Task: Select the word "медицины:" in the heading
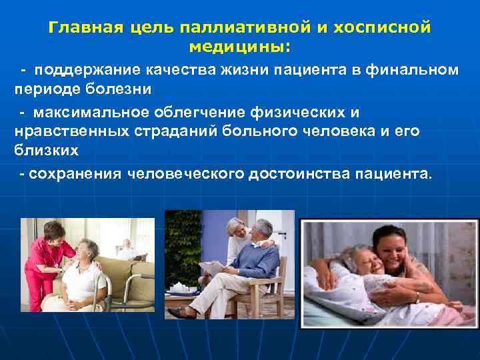(239, 47)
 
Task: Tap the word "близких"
(46, 151)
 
